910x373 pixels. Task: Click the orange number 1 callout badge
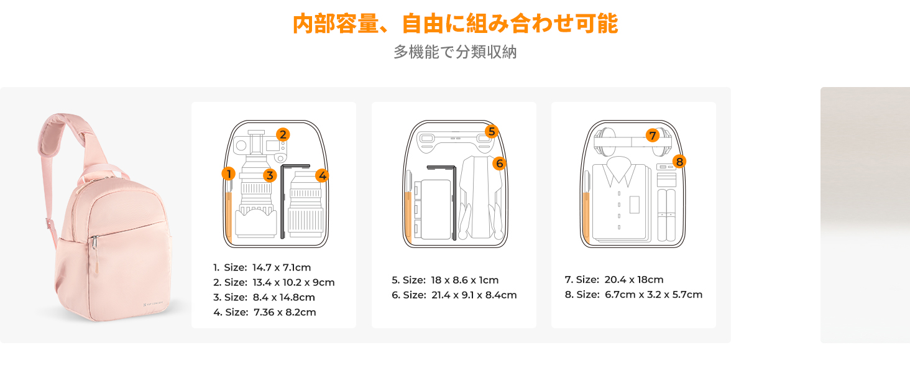[229, 174]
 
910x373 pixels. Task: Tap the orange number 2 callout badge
[283, 134]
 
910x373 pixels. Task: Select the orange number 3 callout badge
[270, 175]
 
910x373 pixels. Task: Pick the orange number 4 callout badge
[322, 175]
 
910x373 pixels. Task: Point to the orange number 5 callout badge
[492, 132]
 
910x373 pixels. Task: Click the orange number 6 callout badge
[499, 163]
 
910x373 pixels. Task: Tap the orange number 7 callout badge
[653, 136]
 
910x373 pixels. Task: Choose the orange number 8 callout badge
[679, 161]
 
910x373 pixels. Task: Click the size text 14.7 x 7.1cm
[282, 267]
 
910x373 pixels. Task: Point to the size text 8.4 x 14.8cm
[284, 297]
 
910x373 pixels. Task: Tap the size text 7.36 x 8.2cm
[285, 313]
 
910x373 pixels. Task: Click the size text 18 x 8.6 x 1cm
[465, 280]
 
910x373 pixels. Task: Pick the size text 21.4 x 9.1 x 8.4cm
[474, 295]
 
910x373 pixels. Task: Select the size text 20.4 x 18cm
[634, 280]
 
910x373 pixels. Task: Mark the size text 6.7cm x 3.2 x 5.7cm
[654, 295]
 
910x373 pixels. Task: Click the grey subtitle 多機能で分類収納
[455, 52]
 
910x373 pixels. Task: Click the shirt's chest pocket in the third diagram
[635, 205]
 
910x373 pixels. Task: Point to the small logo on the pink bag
[153, 303]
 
